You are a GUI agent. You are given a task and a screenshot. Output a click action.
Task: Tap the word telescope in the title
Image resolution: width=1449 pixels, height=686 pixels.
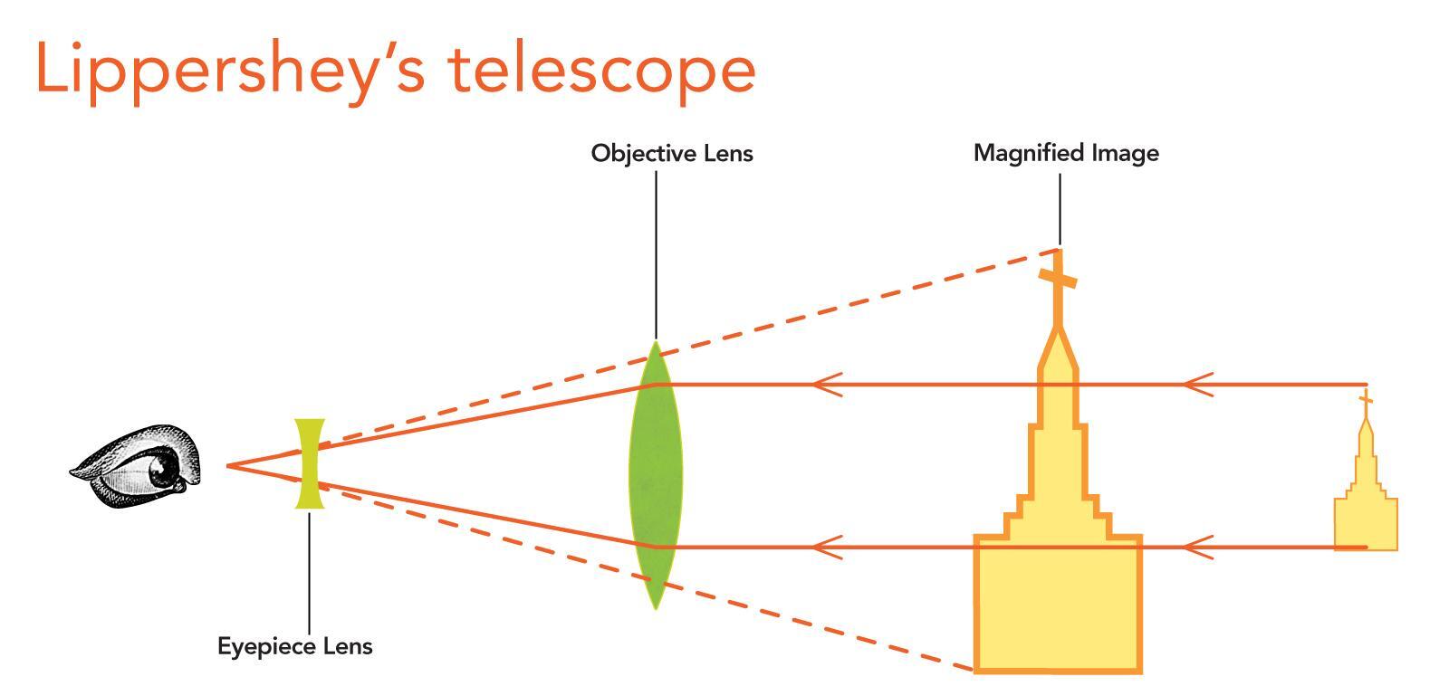point(602,69)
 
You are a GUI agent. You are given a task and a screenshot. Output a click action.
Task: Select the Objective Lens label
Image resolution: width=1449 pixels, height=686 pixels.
point(671,153)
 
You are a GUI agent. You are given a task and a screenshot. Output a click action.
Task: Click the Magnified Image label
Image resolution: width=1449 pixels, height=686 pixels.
point(1066,153)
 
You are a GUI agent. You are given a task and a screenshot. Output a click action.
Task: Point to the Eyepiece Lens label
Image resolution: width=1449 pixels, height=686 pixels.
point(294,646)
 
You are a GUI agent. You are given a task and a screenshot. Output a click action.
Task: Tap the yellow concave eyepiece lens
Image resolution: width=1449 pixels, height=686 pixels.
point(309,463)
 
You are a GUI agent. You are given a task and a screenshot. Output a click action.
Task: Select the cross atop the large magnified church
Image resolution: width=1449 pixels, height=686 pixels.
point(1057,278)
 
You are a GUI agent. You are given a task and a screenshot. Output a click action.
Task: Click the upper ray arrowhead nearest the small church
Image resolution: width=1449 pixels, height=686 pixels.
point(1197,385)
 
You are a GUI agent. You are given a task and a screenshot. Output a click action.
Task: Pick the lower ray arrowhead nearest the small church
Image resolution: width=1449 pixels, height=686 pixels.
point(1197,547)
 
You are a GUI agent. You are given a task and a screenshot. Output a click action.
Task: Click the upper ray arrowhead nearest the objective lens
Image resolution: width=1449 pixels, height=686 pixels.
point(826,385)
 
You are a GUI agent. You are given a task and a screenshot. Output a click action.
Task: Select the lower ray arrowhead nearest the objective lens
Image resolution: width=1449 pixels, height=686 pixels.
point(826,547)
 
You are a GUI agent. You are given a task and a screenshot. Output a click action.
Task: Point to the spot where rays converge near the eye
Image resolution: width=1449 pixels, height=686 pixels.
point(228,465)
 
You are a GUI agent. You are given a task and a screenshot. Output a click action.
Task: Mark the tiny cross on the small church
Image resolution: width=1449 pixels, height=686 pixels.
point(1365,400)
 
